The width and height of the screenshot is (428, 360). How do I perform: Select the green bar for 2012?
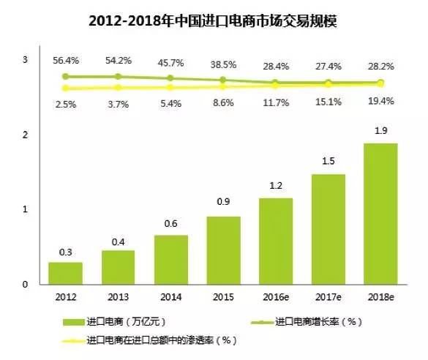(x=65, y=272)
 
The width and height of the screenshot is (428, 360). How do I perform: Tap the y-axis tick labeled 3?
(x=26, y=59)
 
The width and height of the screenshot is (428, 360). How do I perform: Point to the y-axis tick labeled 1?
(x=26, y=209)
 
